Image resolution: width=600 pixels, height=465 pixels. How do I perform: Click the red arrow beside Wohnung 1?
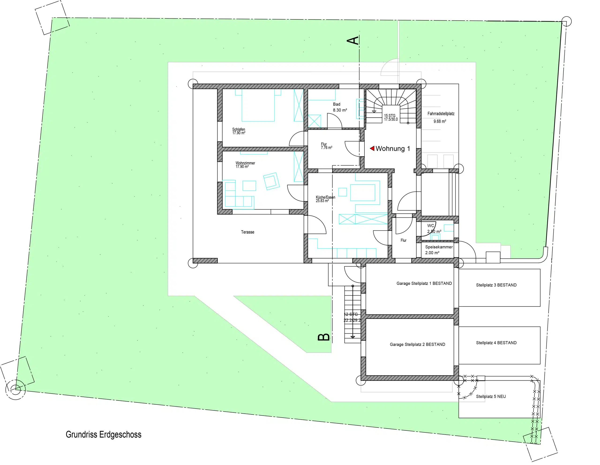372,148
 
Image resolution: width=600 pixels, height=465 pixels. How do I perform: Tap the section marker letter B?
324,337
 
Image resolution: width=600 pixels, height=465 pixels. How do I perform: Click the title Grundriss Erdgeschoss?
104,434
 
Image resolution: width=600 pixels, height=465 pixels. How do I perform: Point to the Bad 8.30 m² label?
340,107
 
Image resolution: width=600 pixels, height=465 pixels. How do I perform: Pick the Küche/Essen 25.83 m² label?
326,199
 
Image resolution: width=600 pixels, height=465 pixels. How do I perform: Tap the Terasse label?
247,232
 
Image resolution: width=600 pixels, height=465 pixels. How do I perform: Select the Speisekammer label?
439,247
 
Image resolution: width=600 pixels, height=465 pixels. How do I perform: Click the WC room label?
431,226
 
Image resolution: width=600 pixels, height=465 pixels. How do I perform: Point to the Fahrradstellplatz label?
441,113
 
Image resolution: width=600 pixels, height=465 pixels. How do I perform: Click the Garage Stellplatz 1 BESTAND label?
424,283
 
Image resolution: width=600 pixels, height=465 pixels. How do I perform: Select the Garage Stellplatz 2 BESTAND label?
417,344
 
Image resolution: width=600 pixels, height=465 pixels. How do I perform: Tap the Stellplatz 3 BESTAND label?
496,285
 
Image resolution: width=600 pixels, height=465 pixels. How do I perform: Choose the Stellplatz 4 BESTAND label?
496,342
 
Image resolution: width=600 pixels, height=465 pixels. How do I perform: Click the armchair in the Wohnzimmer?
271,181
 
